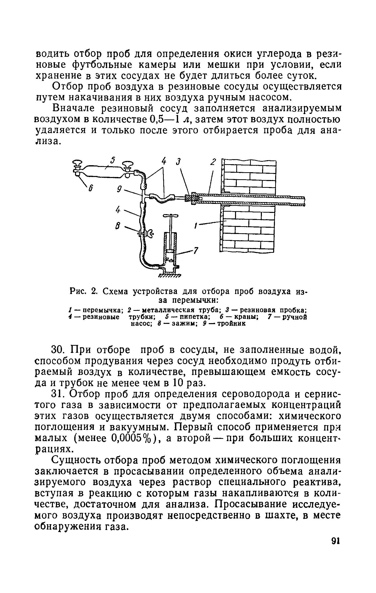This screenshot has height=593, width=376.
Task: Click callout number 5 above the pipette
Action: pyautogui.click(x=113, y=160)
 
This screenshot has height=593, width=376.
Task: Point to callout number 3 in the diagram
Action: pyautogui.click(x=179, y=162)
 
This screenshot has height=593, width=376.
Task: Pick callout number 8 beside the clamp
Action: pyautogui.click(x=117, y=227)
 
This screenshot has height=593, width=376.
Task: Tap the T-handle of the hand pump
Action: pyautogui.click(x=171, y=216)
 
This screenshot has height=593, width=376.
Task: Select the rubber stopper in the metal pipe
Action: pyautogui.click(x=193, y=198)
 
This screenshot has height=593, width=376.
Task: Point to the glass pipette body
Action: pyautogui.click(x=103, y=170)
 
